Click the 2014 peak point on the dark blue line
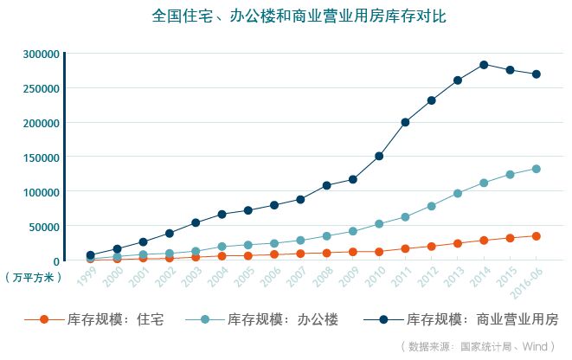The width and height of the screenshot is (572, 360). click(x=484, y=65)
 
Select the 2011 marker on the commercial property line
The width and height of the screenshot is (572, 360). click(x=405, y=122)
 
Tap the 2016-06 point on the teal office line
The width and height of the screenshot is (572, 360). click(x=537, y=169)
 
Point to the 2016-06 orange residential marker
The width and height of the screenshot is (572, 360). click(x=537, y=235)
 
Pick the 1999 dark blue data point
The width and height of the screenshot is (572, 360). click(x=90, y=255)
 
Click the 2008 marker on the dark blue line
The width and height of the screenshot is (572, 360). click(x=326, y=185)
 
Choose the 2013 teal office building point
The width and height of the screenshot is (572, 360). click(x=458, y=193)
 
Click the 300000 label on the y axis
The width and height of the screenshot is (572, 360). click(x=40, y=54)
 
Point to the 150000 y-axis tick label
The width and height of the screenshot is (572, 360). click(x=40, y=157)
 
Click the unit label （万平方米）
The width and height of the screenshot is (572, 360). click(x=33, y=278)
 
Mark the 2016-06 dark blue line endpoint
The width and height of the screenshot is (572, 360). click(x=537, y=74)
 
